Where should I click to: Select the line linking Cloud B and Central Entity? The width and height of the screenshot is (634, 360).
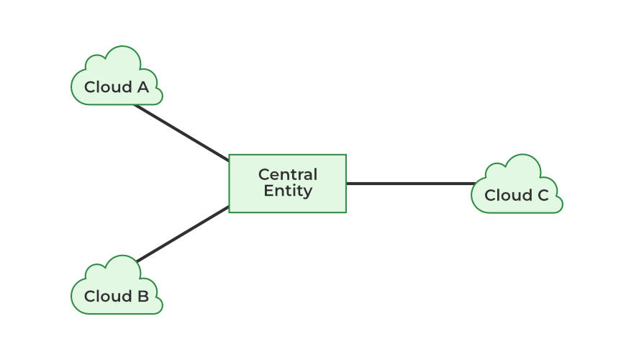click(x=183, y=235)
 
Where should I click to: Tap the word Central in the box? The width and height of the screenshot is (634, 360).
click(x=287, y=175)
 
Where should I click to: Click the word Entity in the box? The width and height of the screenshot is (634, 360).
click(x=287, y=192)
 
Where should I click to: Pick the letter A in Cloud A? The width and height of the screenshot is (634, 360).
click(x=142, y=87)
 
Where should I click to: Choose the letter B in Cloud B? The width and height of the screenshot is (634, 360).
click(x=142, y=296)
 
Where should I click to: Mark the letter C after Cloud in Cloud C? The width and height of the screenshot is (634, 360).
click(x=542, y=195)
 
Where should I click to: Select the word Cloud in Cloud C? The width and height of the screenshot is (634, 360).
click(x=507, y=195)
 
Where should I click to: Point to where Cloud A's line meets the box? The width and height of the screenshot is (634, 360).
click(x=228, y=160)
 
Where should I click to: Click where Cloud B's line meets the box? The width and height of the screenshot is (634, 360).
click(x=228, y=208)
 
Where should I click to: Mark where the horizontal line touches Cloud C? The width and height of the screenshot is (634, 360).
click(x=474, y=184)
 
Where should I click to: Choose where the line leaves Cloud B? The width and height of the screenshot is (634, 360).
click(x=137, y=261)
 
